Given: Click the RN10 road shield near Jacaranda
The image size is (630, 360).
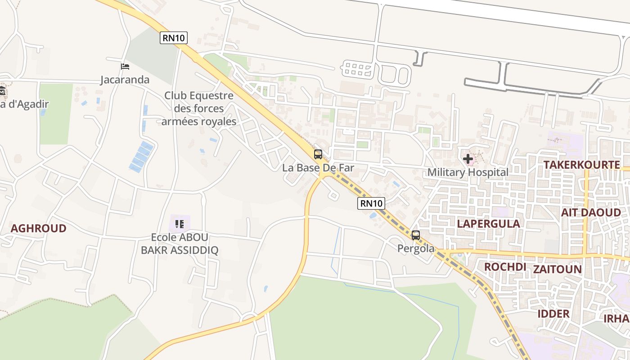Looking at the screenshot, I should (174, 38).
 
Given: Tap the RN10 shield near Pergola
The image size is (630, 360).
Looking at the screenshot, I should (371, 203).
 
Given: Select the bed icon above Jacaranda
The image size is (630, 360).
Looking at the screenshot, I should (125, 67).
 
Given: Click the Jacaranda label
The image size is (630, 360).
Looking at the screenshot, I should (125, 80).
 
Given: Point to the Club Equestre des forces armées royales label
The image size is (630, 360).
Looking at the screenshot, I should (198, 108).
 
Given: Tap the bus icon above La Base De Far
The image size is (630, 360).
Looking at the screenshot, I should (318, 154).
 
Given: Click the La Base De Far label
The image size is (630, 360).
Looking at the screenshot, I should (318, 168).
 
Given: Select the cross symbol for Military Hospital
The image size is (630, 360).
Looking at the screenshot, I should (468, 158).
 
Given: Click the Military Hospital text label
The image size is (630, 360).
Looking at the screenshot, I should (468, 172).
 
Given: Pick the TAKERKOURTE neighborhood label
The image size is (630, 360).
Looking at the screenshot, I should (581, 165).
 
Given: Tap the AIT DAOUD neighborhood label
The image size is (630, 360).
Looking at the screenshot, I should (591, 212).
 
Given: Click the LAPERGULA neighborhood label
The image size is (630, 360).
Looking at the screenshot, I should (488, 224).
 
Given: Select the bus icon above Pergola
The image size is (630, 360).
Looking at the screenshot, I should (415, 235).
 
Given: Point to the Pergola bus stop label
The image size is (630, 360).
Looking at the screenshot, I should (416, 248).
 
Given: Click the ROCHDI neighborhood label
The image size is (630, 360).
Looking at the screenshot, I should (505, 267).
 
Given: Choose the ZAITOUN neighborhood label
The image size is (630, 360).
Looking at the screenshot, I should (557, 269).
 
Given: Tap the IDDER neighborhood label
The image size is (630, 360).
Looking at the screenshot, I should (553, 313).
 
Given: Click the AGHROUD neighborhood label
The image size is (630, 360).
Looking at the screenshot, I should (38, 228).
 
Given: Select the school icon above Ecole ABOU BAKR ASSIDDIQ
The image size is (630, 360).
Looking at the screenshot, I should (180, 224).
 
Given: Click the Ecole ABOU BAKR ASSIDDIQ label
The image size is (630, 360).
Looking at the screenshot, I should (180, 243).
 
